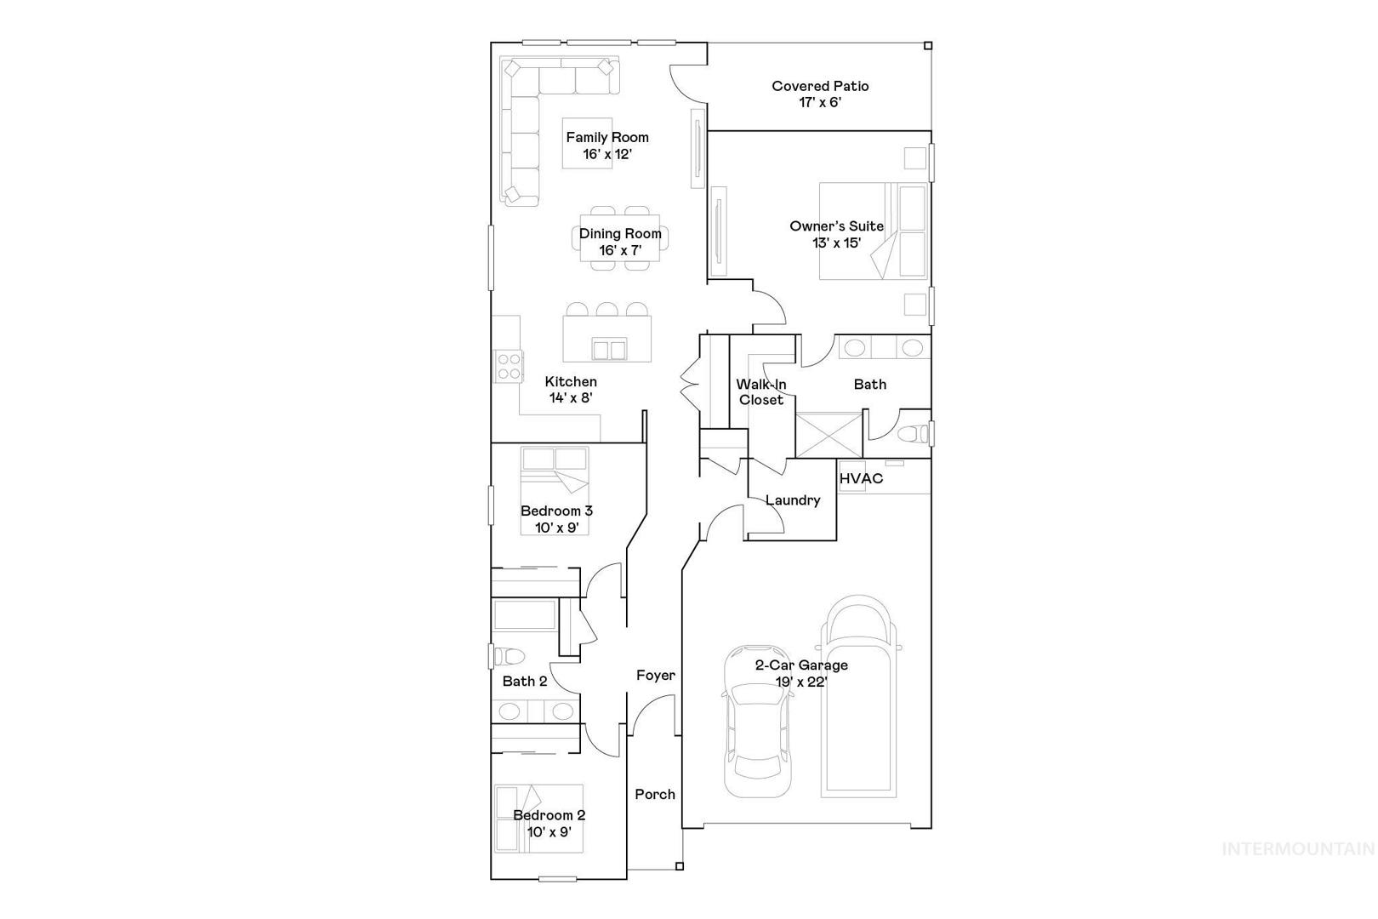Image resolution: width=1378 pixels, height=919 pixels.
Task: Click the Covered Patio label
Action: coord(820,86)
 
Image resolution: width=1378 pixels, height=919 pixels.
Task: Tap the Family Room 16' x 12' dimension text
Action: coord(607,154)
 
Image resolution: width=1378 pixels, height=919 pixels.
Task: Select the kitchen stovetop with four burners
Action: coord(509,366)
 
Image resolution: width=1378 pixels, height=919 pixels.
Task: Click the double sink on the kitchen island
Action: coord(609,349)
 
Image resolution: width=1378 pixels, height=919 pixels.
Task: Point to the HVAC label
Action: coord(861,478)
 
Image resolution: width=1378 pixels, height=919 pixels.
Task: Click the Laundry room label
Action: coord(793,499)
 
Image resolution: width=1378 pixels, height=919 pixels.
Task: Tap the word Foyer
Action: coord(655,676)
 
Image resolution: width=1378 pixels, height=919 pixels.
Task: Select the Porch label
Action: coord(655,794)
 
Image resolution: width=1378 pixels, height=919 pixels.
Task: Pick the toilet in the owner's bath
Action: coord(913,434)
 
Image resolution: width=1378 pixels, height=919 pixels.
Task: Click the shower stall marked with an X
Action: coord(829,435)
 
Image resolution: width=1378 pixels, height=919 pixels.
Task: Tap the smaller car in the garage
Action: coord(756,721)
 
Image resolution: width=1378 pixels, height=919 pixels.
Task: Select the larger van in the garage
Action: coord(859,696)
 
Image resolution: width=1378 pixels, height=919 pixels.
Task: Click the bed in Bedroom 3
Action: coord(555,491)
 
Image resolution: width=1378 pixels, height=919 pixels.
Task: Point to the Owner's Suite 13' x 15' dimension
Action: coord(836,243)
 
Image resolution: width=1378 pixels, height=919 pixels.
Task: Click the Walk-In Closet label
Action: coord(761,392)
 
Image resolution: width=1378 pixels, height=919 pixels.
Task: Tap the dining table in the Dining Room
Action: coord(619,238)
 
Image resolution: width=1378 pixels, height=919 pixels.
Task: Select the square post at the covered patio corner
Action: coord(928,46)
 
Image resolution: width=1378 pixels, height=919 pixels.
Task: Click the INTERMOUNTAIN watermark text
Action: coord(1298,849)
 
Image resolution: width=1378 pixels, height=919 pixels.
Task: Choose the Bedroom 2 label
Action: coord(549,815)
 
